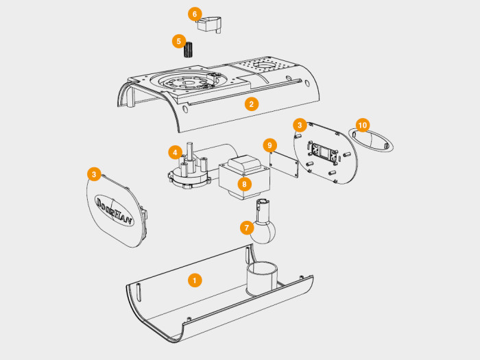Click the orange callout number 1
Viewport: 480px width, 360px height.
coord(195,280)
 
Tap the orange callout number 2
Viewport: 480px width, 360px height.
coord(252,104)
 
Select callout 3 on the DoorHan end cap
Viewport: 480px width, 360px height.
coord(94,174)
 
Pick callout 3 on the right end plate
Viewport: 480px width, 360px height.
coord(299,125)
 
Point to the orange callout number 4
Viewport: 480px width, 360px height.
coord(176,152)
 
